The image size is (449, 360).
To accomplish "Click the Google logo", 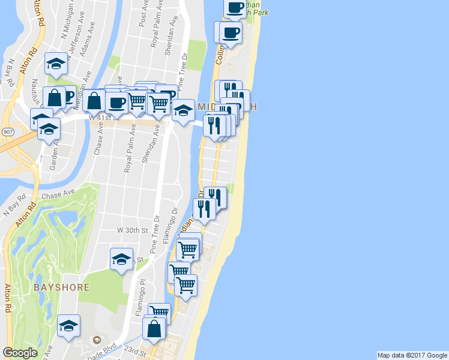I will pos(20,353).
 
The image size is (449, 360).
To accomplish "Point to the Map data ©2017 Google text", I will pos(412,355).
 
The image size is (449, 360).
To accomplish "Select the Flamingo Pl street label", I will pos(143,290).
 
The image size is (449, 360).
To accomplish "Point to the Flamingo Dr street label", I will pos(176,220).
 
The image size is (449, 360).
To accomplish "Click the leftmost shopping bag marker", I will pos(54,97).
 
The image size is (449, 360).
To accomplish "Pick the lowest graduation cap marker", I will pos(69,326).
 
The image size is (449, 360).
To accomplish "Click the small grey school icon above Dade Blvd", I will pos(95,340).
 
